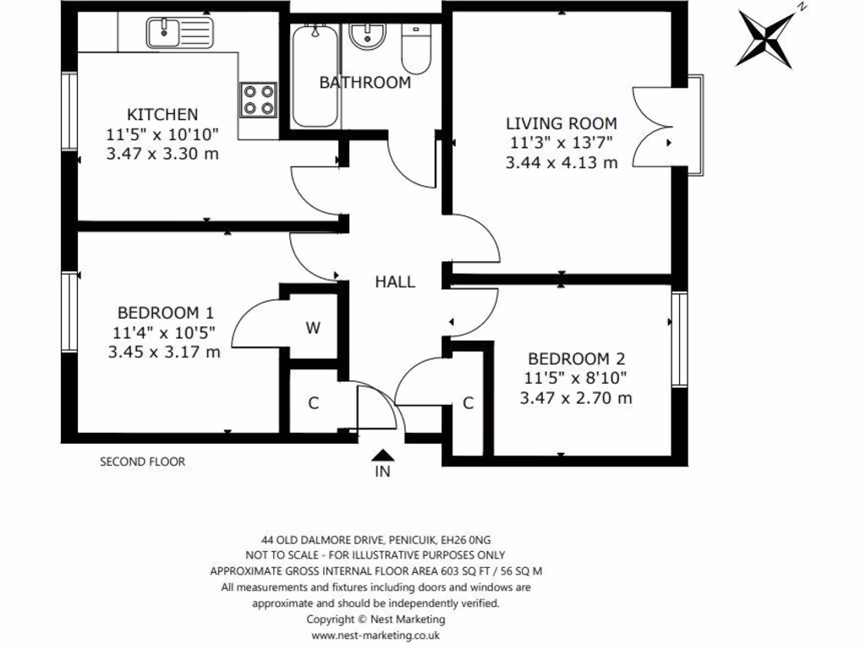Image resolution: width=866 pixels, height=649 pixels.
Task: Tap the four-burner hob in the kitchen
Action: click(x=259, y=99)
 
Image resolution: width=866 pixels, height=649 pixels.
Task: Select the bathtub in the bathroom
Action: click(x=317, y=76)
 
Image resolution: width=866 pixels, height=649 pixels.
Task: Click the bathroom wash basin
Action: click(x=367, y=37)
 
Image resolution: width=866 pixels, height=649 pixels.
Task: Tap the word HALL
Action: click(x=395, y=281)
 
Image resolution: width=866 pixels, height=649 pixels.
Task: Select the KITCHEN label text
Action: click(x=162, y=114)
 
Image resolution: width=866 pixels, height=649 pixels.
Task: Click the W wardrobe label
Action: click(x=313, y=329)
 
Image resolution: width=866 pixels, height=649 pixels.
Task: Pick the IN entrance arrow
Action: click(x=383, y=456)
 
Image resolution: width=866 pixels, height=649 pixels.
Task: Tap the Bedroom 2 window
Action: click(x=678, y=338)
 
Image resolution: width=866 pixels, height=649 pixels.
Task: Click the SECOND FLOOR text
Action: click(x=142, y=461)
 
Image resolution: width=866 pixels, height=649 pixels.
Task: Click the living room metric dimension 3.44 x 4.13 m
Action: click(x=561, y=162)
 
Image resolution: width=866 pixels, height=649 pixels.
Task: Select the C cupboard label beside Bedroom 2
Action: click(x=468, y=403)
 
